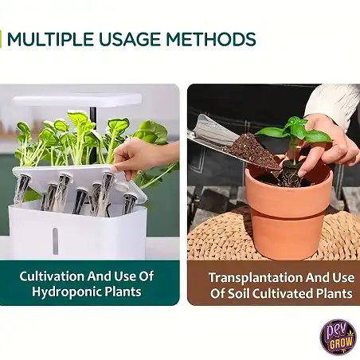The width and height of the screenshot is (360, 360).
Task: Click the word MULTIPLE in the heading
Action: pyautogui.click(x=50, y=39)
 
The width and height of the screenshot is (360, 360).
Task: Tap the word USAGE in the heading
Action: pyautogui.click(x=130, y=39)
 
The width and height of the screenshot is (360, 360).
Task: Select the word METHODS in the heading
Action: pyautogui.click(x=211, y=39)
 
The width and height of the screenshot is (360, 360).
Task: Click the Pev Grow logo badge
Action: pyautogui.click(x=338, y=337)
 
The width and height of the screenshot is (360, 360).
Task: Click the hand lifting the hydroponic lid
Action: pyautogui.click(x=143, y=157)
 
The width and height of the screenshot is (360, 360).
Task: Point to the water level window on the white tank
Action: pyautogui.click(x=55, y=241)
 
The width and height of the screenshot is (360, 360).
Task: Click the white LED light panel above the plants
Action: pyautogui.click(x=77, y=100)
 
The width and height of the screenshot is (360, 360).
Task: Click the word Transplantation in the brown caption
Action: pyautogui.click(x=256, y=278)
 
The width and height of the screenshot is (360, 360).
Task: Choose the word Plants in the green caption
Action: pyautogui.click(x=123, y=292)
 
